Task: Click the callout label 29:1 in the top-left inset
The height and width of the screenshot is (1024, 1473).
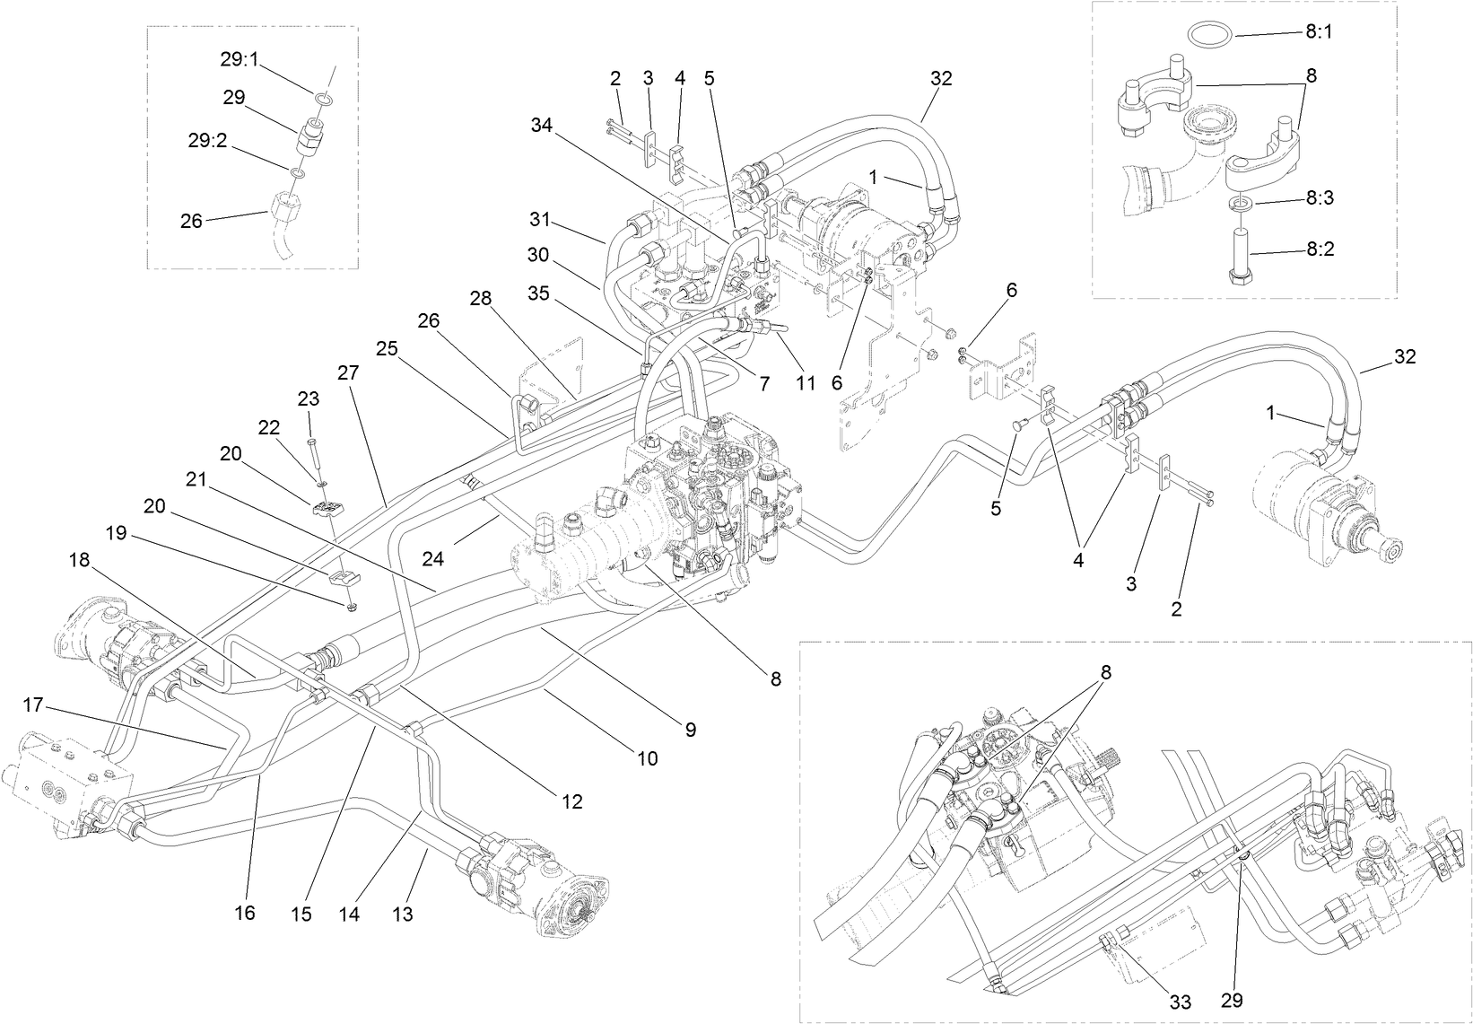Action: (x=240, y=59)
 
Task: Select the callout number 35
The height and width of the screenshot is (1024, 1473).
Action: (x=537, y=293)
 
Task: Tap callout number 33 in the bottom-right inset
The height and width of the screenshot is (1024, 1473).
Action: (x=1180, y=1002)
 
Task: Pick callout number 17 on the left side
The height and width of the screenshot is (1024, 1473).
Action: (x=34, y=706)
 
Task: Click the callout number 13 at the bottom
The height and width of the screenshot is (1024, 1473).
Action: (x=402, y=914)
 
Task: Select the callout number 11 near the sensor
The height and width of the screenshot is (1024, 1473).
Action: (x=806, y=383)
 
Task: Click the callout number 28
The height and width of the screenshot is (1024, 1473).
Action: (x=481, y=298)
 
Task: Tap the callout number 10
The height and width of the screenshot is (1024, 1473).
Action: (x=647, y=758)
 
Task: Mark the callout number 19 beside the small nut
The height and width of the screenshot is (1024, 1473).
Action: (x=117, y=532)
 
